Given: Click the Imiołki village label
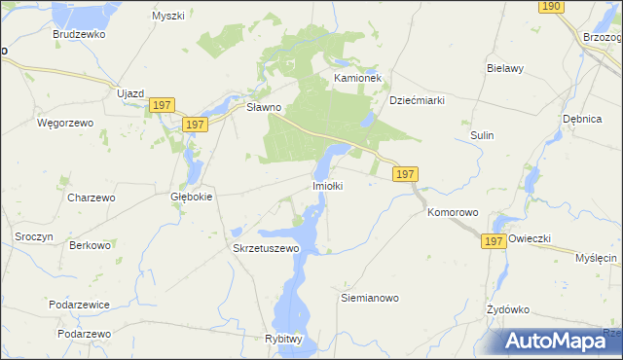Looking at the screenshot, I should [x=327, y=185].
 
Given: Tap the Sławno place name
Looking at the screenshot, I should [x=263, y=107].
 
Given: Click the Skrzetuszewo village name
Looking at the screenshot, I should [x=266, y=248].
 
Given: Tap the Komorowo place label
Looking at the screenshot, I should [x=454, y=211].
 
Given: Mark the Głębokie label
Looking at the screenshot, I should [x=191, y=196].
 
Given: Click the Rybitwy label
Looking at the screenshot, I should [x=284, y=338].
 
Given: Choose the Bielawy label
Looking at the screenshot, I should [x=505, y=69].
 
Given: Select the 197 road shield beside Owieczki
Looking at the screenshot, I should [x=494, y=240].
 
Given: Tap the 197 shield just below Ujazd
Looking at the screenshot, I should [x=163, y=105].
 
